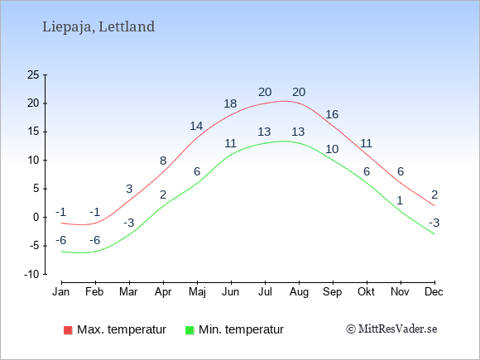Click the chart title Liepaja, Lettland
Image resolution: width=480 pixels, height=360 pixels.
click(98, 26)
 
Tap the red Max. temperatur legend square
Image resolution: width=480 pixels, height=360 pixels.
click(68, 330)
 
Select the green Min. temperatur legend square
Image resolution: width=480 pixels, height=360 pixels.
click(190, 330)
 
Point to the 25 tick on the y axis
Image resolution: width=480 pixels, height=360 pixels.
click(33, 74)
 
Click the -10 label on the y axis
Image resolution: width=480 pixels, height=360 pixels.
click(31, 274)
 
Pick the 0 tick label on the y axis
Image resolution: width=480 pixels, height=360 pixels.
click(36, 218)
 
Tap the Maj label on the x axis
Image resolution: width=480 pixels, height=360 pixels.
click(197, 292)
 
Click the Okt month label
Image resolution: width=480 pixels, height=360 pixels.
click(366, 292)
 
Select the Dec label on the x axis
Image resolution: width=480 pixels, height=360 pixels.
click(434, 292)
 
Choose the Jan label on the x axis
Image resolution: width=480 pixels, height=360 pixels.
click(61, 292)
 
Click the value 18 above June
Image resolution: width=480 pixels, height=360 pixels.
click(230, 103)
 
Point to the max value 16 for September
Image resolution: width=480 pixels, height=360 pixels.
click(332, 114)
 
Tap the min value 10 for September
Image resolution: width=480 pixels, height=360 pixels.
click(332, 150)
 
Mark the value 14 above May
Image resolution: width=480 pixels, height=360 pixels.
click(196, 126)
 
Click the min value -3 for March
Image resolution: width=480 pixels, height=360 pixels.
click(129, 223)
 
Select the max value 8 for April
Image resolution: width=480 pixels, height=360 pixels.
click(163, 161)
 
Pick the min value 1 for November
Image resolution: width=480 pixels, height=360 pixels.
click(400, 201)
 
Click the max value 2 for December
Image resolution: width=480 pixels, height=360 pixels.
click(434, 194)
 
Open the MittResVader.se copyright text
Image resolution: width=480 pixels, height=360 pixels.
click(391, 329)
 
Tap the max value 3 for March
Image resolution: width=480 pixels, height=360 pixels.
click(129, 189)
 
